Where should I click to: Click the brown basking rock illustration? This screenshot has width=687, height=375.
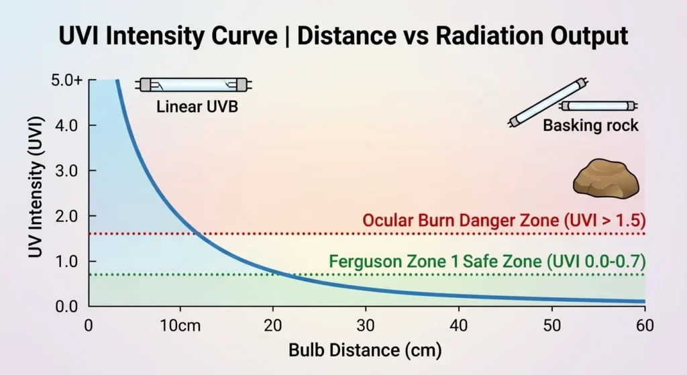606,178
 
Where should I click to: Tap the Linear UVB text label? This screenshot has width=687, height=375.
197,107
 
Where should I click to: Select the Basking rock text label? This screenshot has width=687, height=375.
590,125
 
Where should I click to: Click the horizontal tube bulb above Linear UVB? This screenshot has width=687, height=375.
194,85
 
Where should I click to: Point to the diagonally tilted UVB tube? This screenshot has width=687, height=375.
547,102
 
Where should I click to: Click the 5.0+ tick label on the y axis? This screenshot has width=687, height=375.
66,81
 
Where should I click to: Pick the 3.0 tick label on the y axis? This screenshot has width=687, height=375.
66,171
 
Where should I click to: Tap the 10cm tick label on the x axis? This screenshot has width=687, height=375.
180,325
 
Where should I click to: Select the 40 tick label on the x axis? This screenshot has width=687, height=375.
459,325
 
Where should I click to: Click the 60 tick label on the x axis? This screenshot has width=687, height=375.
645,325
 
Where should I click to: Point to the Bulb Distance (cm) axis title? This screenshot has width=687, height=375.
365,350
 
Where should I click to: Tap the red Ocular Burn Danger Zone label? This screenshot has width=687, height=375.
505,220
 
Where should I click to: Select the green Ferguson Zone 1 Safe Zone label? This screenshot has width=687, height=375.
487,262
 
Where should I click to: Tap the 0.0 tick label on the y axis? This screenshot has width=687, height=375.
66,307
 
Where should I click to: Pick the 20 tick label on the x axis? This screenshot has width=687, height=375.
273,325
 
